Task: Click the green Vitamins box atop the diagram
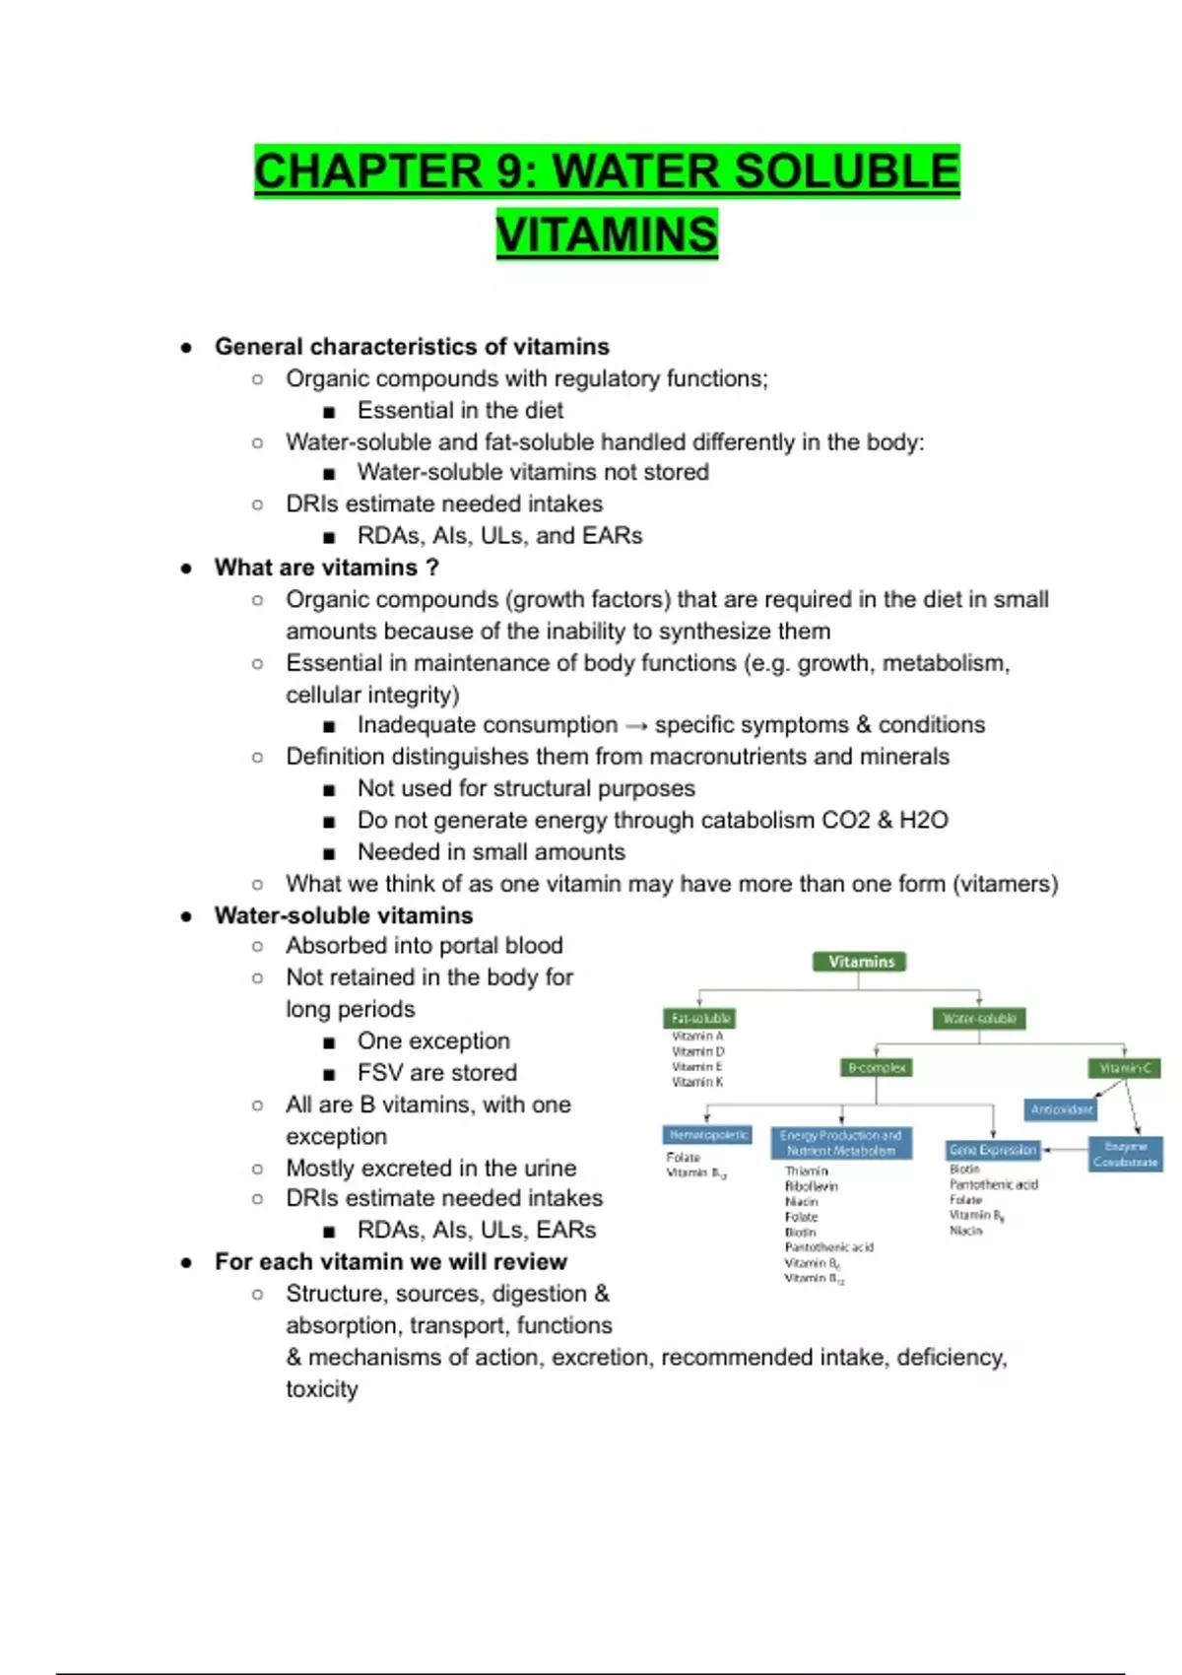point(861,962)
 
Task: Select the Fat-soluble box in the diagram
point(700,1018)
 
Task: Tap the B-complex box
point(878,1067)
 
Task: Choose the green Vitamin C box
point(1124,1067)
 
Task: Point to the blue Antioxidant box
point(1061,1109)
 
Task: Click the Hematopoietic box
point(708,1135)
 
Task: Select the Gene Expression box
point(993,1150)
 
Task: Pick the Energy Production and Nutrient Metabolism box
point(841,1143)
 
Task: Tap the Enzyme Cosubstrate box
point(1126,1154)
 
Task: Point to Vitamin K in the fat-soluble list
point(697,1082)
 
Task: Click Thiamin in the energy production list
point(807,1172)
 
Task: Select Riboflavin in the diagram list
point(812,1186)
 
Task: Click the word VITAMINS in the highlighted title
point(607,234)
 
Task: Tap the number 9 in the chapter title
point(511,171)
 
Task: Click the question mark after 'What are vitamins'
point(431,568)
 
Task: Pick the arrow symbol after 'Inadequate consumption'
point(637,726)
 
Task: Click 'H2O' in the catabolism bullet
point(923,820)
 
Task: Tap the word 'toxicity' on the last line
point(322,1389)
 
